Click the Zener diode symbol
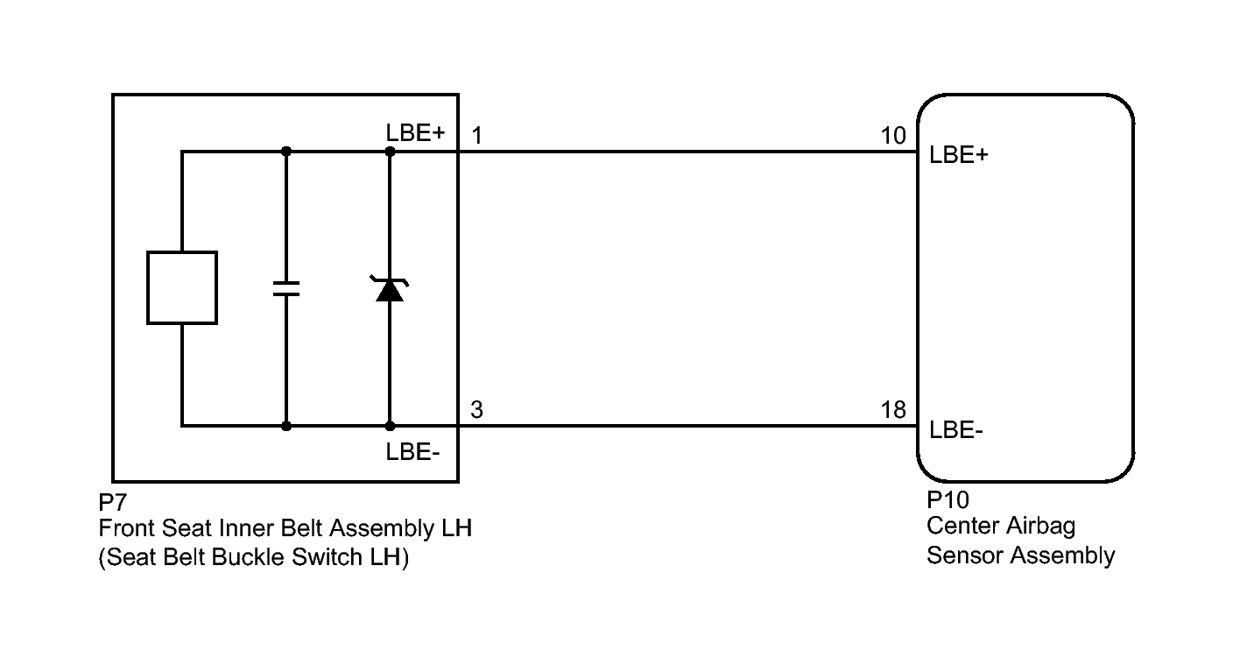[x=390, y=289]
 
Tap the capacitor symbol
[x=286, y=289]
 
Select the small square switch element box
[x=182, y=287]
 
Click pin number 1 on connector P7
[x=476, y=135]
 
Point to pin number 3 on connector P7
[x=476, y=410]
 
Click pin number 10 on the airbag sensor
[x=893, y=135]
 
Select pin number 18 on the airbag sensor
[x=893, y=410]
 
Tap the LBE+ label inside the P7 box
[x=415, y=133]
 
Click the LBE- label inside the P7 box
[x=412, y=452]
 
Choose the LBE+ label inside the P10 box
[x=959, y=155]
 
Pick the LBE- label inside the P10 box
[x=956, y=430]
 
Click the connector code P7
[x=112, y=502]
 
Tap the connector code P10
[x=948, y=500]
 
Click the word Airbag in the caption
[x=1040, y=527]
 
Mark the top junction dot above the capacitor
[x=286, y=152]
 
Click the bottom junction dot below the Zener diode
[x=390, y=426]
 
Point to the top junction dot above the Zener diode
[x=390, y=152]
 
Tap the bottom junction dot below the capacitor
[x=286, y=426]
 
